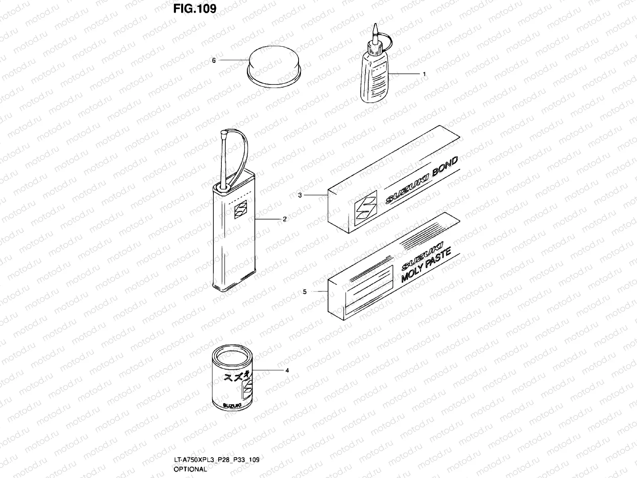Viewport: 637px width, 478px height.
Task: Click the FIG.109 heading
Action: pyautogui.click(x=195, y=8)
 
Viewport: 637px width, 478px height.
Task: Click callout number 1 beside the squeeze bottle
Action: pyautogui.click(x=424, y=74)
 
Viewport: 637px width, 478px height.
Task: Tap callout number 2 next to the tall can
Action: pyautogui.click(x=285, y=219)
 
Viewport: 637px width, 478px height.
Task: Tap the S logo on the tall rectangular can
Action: pyautogui.click(x=240, y=210)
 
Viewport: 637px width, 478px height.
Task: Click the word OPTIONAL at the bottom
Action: pyautogui.click(x=190, y=469)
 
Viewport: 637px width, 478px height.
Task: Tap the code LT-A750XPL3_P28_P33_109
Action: pyautogui.click(x=217, y=460)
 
